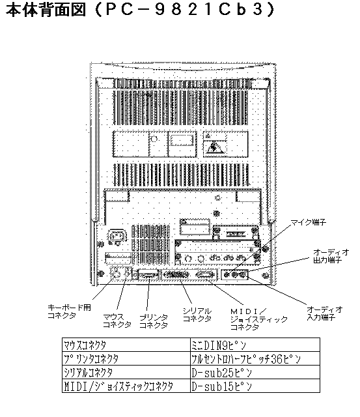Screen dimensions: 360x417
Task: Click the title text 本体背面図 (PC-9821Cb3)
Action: [x=140, y=10]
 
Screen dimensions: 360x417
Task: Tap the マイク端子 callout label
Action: [x=308, y=222]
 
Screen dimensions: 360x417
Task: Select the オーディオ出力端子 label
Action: [x=331, y=256]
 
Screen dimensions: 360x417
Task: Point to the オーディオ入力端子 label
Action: [x=324, y=313]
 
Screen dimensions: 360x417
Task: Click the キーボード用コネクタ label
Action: [x=70, y=311]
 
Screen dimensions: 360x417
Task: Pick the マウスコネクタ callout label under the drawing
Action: [x=117, y=321]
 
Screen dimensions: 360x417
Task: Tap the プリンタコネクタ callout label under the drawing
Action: [x=154, y=321]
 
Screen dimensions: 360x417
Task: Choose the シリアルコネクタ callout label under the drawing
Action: [x=197, y=315]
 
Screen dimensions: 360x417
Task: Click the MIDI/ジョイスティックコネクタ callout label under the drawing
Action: [x=259, y=319]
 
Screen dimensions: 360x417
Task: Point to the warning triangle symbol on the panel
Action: [x=214, y=148]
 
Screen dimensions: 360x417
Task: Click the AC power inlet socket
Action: [x=117, y=236]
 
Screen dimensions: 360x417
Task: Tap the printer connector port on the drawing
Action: [x=148, y=274]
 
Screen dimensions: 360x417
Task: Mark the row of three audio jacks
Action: [x=234, y=274]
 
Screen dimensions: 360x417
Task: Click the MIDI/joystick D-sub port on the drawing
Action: [x=205, y=274]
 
